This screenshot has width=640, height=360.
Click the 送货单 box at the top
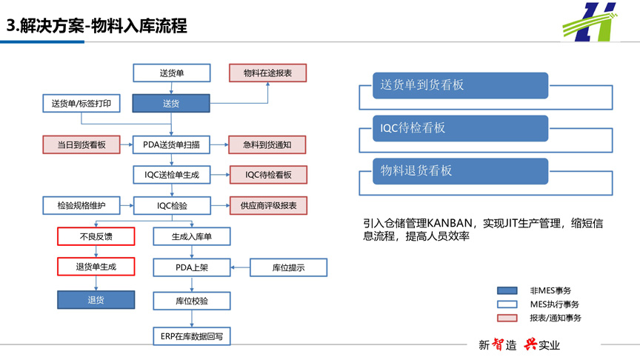pos(172,73)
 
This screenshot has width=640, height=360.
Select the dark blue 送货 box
pos(171,103)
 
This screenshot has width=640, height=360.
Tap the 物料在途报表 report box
pos(267,73)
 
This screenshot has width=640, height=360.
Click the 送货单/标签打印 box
pos(81,103)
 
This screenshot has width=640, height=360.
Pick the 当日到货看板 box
pos(81,144)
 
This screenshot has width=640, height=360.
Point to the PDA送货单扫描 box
pos(171,144)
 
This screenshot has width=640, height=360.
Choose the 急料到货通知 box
pos(267,144)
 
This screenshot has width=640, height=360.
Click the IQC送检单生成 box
pos(172,175)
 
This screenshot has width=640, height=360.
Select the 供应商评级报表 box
pos(268,206)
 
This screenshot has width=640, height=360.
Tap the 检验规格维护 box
pos(81,205)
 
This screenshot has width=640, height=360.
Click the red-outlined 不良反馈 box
pos(96,236)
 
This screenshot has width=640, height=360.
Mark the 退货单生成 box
pos(96,267)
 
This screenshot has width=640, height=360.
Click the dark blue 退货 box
pos(96,300)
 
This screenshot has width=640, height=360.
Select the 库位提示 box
pos(289,267)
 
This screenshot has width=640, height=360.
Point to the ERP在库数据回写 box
pos(192,336)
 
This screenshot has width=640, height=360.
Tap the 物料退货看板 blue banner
pos(461,171)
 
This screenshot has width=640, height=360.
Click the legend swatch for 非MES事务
pos(507,290)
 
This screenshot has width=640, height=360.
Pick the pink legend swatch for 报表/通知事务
pos(507,318)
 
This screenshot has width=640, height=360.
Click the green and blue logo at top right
pos(590,22)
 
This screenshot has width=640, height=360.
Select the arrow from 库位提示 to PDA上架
pos(241,267)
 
